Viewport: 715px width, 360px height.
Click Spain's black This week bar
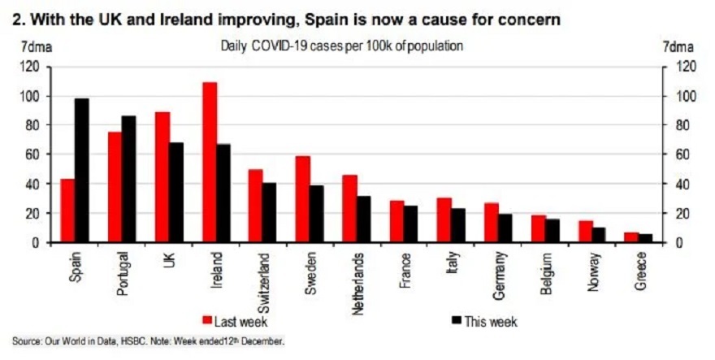point(81,171)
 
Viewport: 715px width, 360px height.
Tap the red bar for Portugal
point(115,187)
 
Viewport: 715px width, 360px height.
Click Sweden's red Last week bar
point(303,199)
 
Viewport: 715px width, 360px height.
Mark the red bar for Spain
point(67,210)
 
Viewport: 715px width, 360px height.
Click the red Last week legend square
point(207,319)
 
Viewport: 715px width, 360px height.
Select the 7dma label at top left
point(35,47)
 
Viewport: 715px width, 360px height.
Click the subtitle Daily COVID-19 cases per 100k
point(341,46)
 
